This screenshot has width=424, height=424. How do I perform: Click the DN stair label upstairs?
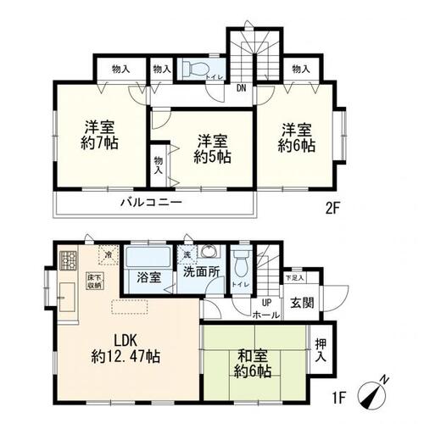(242, 86)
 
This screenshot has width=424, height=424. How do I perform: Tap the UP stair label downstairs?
(266, 302)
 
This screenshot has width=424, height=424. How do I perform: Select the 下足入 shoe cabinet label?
(293, 277)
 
